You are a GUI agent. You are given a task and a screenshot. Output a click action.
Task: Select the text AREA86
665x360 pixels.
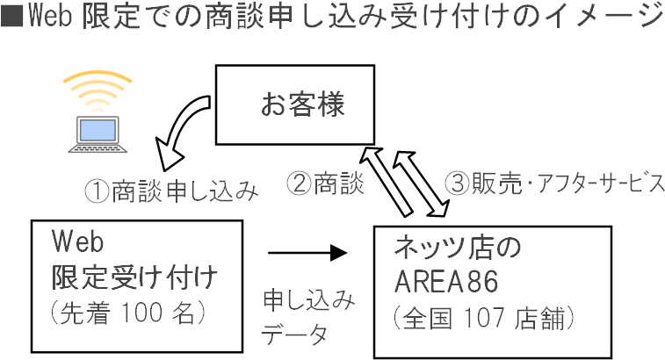click(x=447, y=282)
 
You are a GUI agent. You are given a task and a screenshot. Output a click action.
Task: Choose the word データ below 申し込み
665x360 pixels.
click(x=294, y=335)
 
